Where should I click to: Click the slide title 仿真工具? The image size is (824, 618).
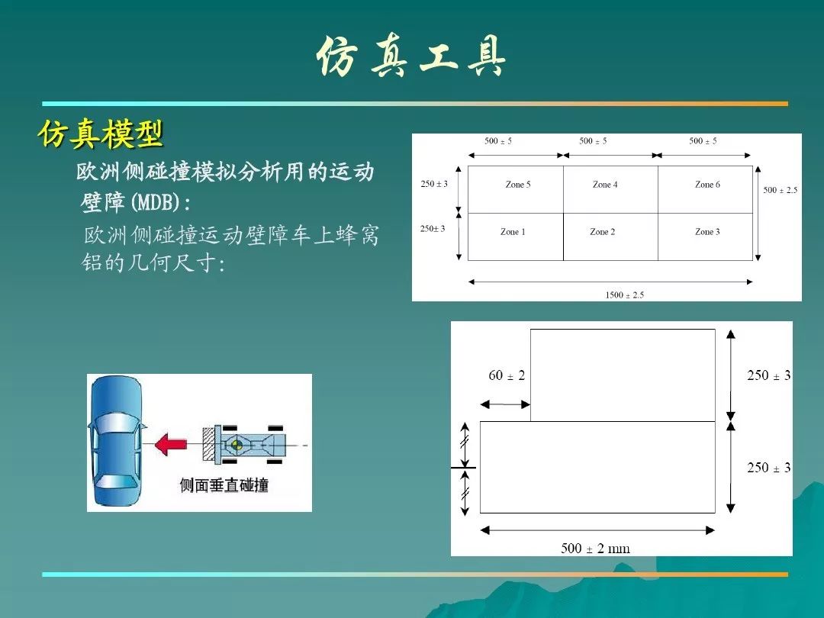point(411,56)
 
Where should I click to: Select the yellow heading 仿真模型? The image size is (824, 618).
point(101,134)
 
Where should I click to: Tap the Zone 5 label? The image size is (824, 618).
point(517,185)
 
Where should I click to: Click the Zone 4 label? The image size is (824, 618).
point(605,185)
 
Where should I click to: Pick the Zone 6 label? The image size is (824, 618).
point(707,185)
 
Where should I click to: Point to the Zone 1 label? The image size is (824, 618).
point(513,232)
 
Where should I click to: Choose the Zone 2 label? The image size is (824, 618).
point(602,232)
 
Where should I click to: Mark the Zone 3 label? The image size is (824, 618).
point(707,232)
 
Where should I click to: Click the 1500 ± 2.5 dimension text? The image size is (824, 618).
point(624,295)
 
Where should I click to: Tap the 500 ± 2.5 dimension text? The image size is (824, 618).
point(781,190)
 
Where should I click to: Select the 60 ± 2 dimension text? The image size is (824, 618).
point(507,375)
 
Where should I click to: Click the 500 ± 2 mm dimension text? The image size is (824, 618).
point(595,549)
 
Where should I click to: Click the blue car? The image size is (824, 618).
point(117,441)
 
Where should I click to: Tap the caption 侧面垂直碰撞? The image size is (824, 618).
point(224,484)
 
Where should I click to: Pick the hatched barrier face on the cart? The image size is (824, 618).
point(209,445)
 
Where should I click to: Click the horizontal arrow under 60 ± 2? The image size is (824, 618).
point(505,404)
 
